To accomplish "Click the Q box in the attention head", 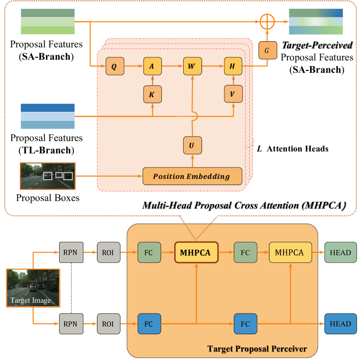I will (x=114, y=67).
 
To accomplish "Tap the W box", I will (x=192, y=67).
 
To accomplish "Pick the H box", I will (x=233, y=67).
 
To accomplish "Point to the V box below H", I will (x=233, y=94).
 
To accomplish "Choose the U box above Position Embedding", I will (x=192, y=145).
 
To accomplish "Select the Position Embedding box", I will (x=192, y=176).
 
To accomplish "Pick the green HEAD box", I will (x=341, y=253).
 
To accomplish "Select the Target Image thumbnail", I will (x=33, y=288).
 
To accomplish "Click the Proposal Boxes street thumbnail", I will (x=47, y=176).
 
